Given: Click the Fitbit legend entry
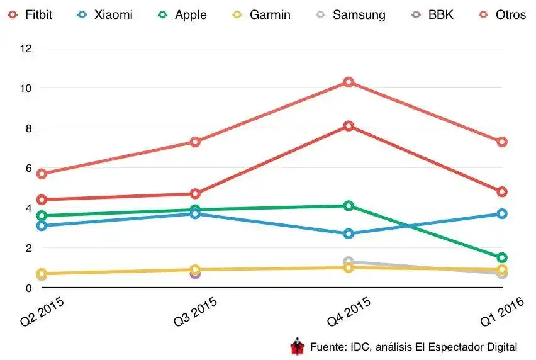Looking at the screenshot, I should [30, 14].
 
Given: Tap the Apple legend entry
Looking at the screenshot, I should [183, 14].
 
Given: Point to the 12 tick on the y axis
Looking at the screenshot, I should [26, 48].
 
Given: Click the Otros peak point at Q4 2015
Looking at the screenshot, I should [349, 82].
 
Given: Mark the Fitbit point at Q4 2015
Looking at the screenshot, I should [349, 126].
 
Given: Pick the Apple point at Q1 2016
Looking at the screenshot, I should [502, 257].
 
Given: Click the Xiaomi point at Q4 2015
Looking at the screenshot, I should [349, 233].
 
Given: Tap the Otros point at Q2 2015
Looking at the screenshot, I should [42, 174].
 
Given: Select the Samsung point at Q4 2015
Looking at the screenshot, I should [349, 261].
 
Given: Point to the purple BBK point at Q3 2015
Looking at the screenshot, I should [195, 273].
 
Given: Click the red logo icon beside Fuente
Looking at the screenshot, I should [297, 346].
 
